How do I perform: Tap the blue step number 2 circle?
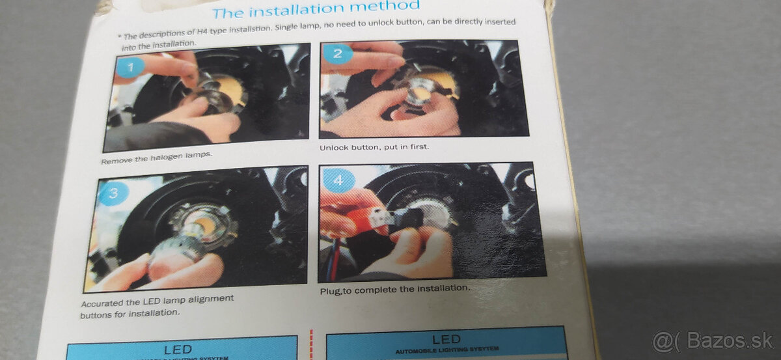[x=337, y=53]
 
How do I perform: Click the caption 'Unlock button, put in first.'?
[x=374, y=147]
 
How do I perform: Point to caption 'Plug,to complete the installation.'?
[x=394, y=288]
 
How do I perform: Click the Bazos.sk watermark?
[x=713, y=341]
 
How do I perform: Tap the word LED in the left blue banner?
[x=177, y=349]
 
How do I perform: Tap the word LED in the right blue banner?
[x=446, y=339]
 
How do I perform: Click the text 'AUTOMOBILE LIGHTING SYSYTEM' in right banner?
[x=446, y=352]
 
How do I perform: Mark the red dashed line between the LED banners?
[x=311, y=345]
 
